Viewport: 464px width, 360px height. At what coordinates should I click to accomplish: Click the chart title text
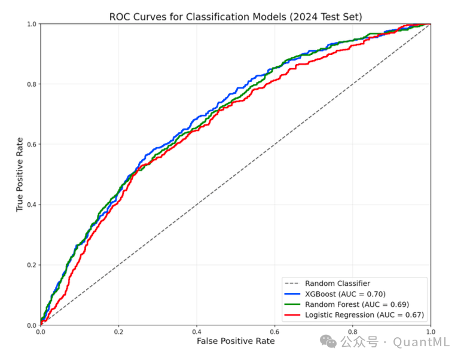click(236, 16)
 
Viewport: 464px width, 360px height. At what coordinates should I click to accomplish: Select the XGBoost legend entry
click(345, 294)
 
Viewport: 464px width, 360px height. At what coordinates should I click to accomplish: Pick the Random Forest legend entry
click(357, 304)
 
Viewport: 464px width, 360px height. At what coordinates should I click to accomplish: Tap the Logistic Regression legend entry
click(364, 315)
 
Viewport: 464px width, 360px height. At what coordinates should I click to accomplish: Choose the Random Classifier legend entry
click(337, 283)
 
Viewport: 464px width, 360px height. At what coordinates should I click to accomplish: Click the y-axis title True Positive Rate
click(20, 174)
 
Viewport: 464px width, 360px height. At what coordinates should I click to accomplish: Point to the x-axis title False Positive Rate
click(236, 340)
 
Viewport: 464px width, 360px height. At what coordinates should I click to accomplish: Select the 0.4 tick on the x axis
click(197, 331)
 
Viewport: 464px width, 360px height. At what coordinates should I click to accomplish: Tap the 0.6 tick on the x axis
click(274, 331)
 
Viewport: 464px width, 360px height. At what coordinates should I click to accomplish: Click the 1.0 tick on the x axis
click(430, 331)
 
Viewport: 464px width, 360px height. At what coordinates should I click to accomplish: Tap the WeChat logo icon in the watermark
click(328, 341)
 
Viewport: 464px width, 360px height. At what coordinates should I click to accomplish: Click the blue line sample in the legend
click(292, 294)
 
